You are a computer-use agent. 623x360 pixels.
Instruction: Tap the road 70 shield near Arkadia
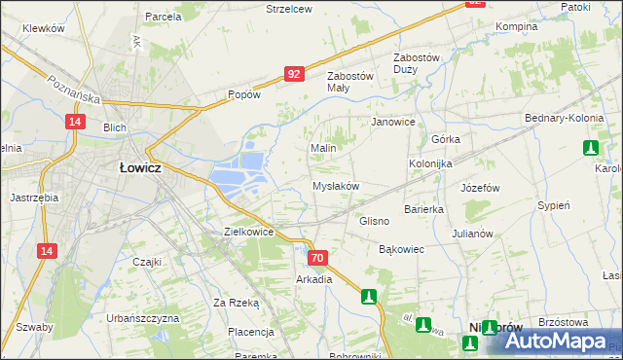tap(317, 258)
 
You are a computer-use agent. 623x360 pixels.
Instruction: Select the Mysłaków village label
tap(336, 185)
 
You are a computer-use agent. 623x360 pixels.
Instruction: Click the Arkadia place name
tap(314, 279)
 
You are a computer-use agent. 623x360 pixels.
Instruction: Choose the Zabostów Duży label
tap(417, 63)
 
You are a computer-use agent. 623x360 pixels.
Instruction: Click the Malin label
tap(323, 148)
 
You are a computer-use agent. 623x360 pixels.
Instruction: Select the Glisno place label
tap(374, 221)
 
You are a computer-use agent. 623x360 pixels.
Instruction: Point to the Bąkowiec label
tap(401, 249)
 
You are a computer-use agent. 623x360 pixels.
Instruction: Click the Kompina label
tap(517, 26)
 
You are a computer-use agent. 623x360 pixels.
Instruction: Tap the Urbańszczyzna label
tap(143, 318)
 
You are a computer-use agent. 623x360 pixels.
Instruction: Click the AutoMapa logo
tap(555, 342)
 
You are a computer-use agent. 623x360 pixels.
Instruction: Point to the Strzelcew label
tap(288, 9)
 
